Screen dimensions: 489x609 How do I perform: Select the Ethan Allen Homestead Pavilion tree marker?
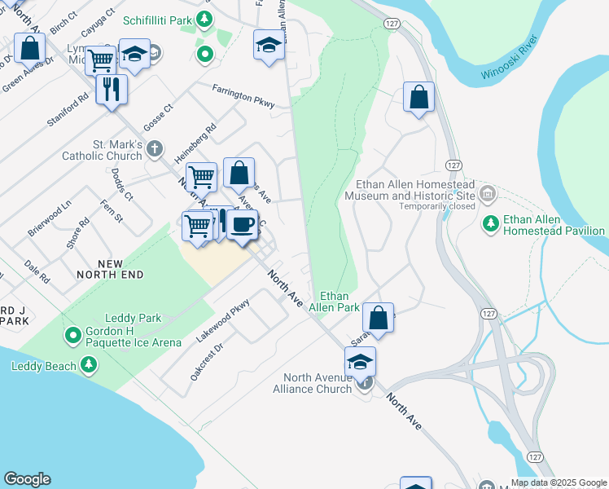point(490,222)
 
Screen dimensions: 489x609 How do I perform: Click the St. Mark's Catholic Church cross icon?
point(156,149)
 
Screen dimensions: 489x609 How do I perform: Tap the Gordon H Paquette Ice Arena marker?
point(72,334)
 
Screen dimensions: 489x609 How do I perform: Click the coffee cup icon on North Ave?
point(242,224)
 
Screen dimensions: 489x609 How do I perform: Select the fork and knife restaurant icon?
point(112,88)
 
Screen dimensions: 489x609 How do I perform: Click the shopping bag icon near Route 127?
point(418,97)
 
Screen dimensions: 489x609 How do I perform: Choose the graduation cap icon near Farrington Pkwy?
point(269,45)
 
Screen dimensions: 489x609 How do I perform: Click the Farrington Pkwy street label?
point(243,96)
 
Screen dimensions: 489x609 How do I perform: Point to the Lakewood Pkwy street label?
point(223,319)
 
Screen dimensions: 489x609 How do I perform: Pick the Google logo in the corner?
point(27,479)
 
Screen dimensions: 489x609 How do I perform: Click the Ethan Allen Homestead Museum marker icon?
point(488,193)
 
